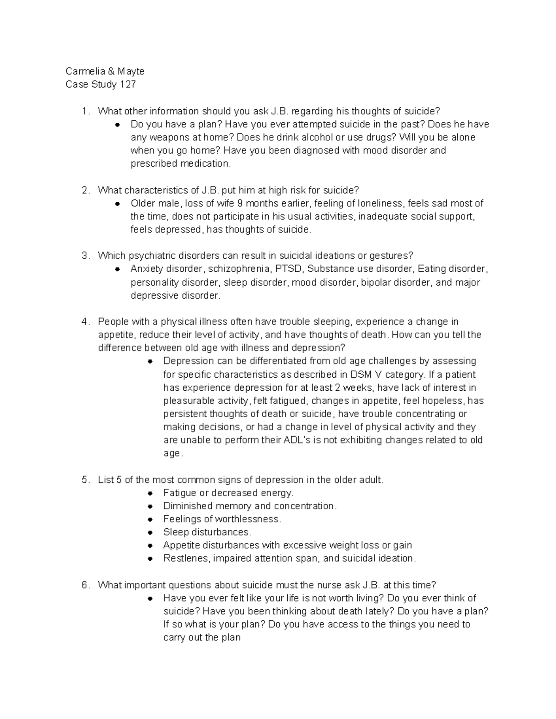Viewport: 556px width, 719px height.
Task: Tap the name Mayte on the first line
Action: pyautogui.click(x=131, y=71)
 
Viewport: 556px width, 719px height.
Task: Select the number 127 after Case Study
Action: pyautogui.click(x=128, y=85)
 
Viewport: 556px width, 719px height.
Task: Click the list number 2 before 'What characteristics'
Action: pyautogui.click(x=84, y=190)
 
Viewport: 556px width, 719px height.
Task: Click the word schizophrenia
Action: pyautogui.click(x=239, y=269)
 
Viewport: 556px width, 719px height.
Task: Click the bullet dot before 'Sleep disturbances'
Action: pyautogui.click(x=150, y=533)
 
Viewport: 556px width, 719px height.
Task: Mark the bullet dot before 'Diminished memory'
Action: pyautogui.click(x=150, y=506)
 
